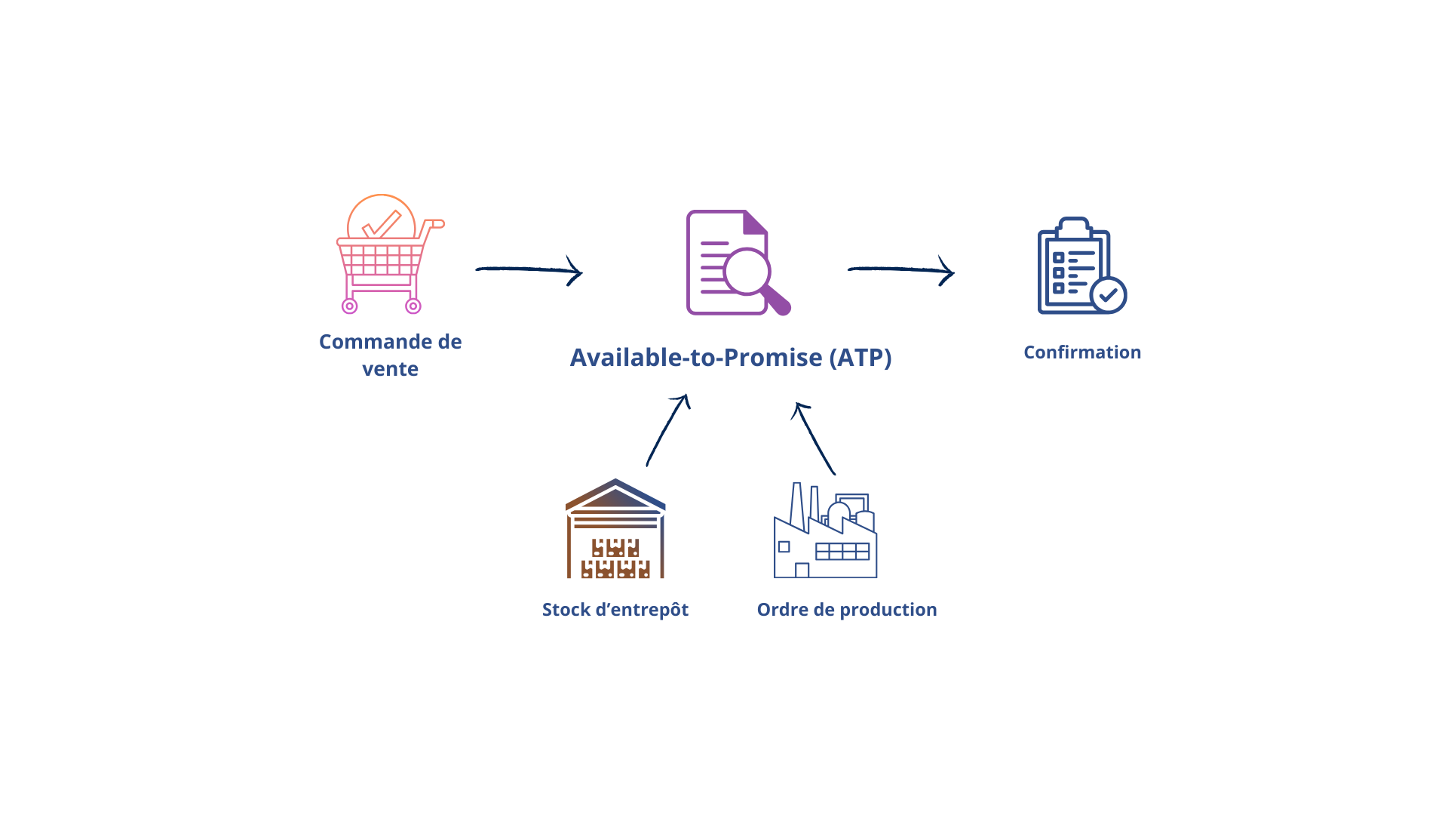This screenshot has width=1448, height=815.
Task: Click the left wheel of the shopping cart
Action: pos(349,306)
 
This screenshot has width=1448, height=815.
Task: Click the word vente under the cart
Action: pos(390,369)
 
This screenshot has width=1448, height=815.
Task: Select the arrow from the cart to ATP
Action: pos(528,269)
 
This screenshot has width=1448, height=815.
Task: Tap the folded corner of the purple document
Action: pos(755,223)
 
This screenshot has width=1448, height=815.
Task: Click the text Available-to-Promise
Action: pos(695,358)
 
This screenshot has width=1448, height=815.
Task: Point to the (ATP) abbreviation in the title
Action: pos(860,358)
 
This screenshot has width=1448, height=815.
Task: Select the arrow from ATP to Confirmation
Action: pos(900,269)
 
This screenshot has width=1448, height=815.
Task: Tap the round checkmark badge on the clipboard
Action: pos(1108,295)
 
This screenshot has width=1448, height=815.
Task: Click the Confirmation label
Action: pos(1082,352)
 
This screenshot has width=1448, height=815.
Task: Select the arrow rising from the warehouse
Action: pos(667,430)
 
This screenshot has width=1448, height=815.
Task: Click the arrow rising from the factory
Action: pos(815,438)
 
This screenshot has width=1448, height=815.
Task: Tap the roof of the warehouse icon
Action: pos(615,494)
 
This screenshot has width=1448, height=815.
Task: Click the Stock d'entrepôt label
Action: pos(615,610)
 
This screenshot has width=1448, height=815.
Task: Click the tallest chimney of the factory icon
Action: pos(796,504)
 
